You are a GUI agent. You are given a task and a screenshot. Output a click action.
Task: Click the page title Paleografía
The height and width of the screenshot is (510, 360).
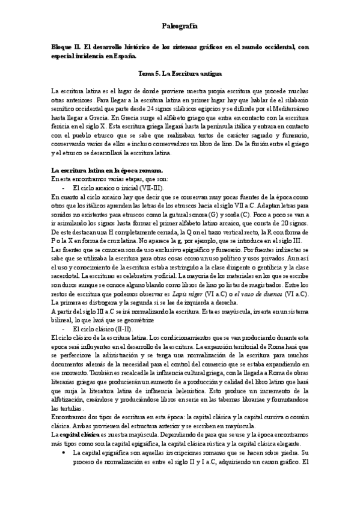[180, 26]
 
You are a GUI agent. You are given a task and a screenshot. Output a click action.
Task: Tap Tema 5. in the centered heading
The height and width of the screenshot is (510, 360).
[150, 73]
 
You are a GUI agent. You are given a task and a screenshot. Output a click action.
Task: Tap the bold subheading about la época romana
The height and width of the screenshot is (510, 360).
[103, 171]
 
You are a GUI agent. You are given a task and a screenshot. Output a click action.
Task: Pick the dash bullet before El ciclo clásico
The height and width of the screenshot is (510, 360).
[56, 331]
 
